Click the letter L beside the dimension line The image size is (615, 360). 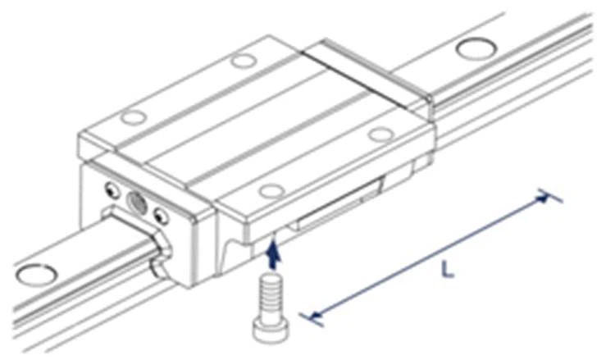point(447,270)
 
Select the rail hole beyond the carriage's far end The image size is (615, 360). point(476,48)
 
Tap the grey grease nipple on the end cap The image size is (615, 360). point(136,203)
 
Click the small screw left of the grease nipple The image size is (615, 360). point(112,189)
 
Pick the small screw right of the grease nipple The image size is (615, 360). point(161,216)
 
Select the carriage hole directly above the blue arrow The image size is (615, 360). point(271,191)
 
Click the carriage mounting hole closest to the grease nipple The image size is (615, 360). point(134,117)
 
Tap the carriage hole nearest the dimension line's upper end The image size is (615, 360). point(380,134)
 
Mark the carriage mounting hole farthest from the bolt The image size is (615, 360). point(244,61)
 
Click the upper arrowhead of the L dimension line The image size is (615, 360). point(543,198)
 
